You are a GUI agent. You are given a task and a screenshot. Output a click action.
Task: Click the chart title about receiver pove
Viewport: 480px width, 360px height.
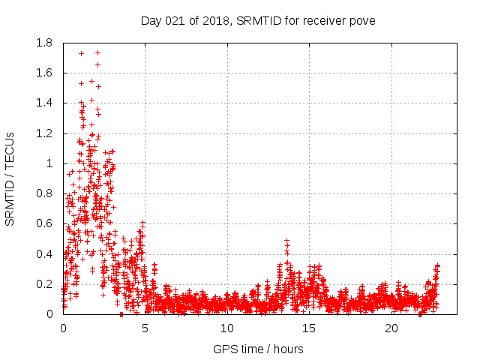(258, 20)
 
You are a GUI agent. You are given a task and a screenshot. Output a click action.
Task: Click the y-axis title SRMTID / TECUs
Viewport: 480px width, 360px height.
(10, 178)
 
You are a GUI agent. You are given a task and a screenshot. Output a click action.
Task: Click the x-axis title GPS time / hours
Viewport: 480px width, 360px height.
(258, 349)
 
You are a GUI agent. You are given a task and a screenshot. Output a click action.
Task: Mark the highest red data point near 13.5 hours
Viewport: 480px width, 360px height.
(286, 241)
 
